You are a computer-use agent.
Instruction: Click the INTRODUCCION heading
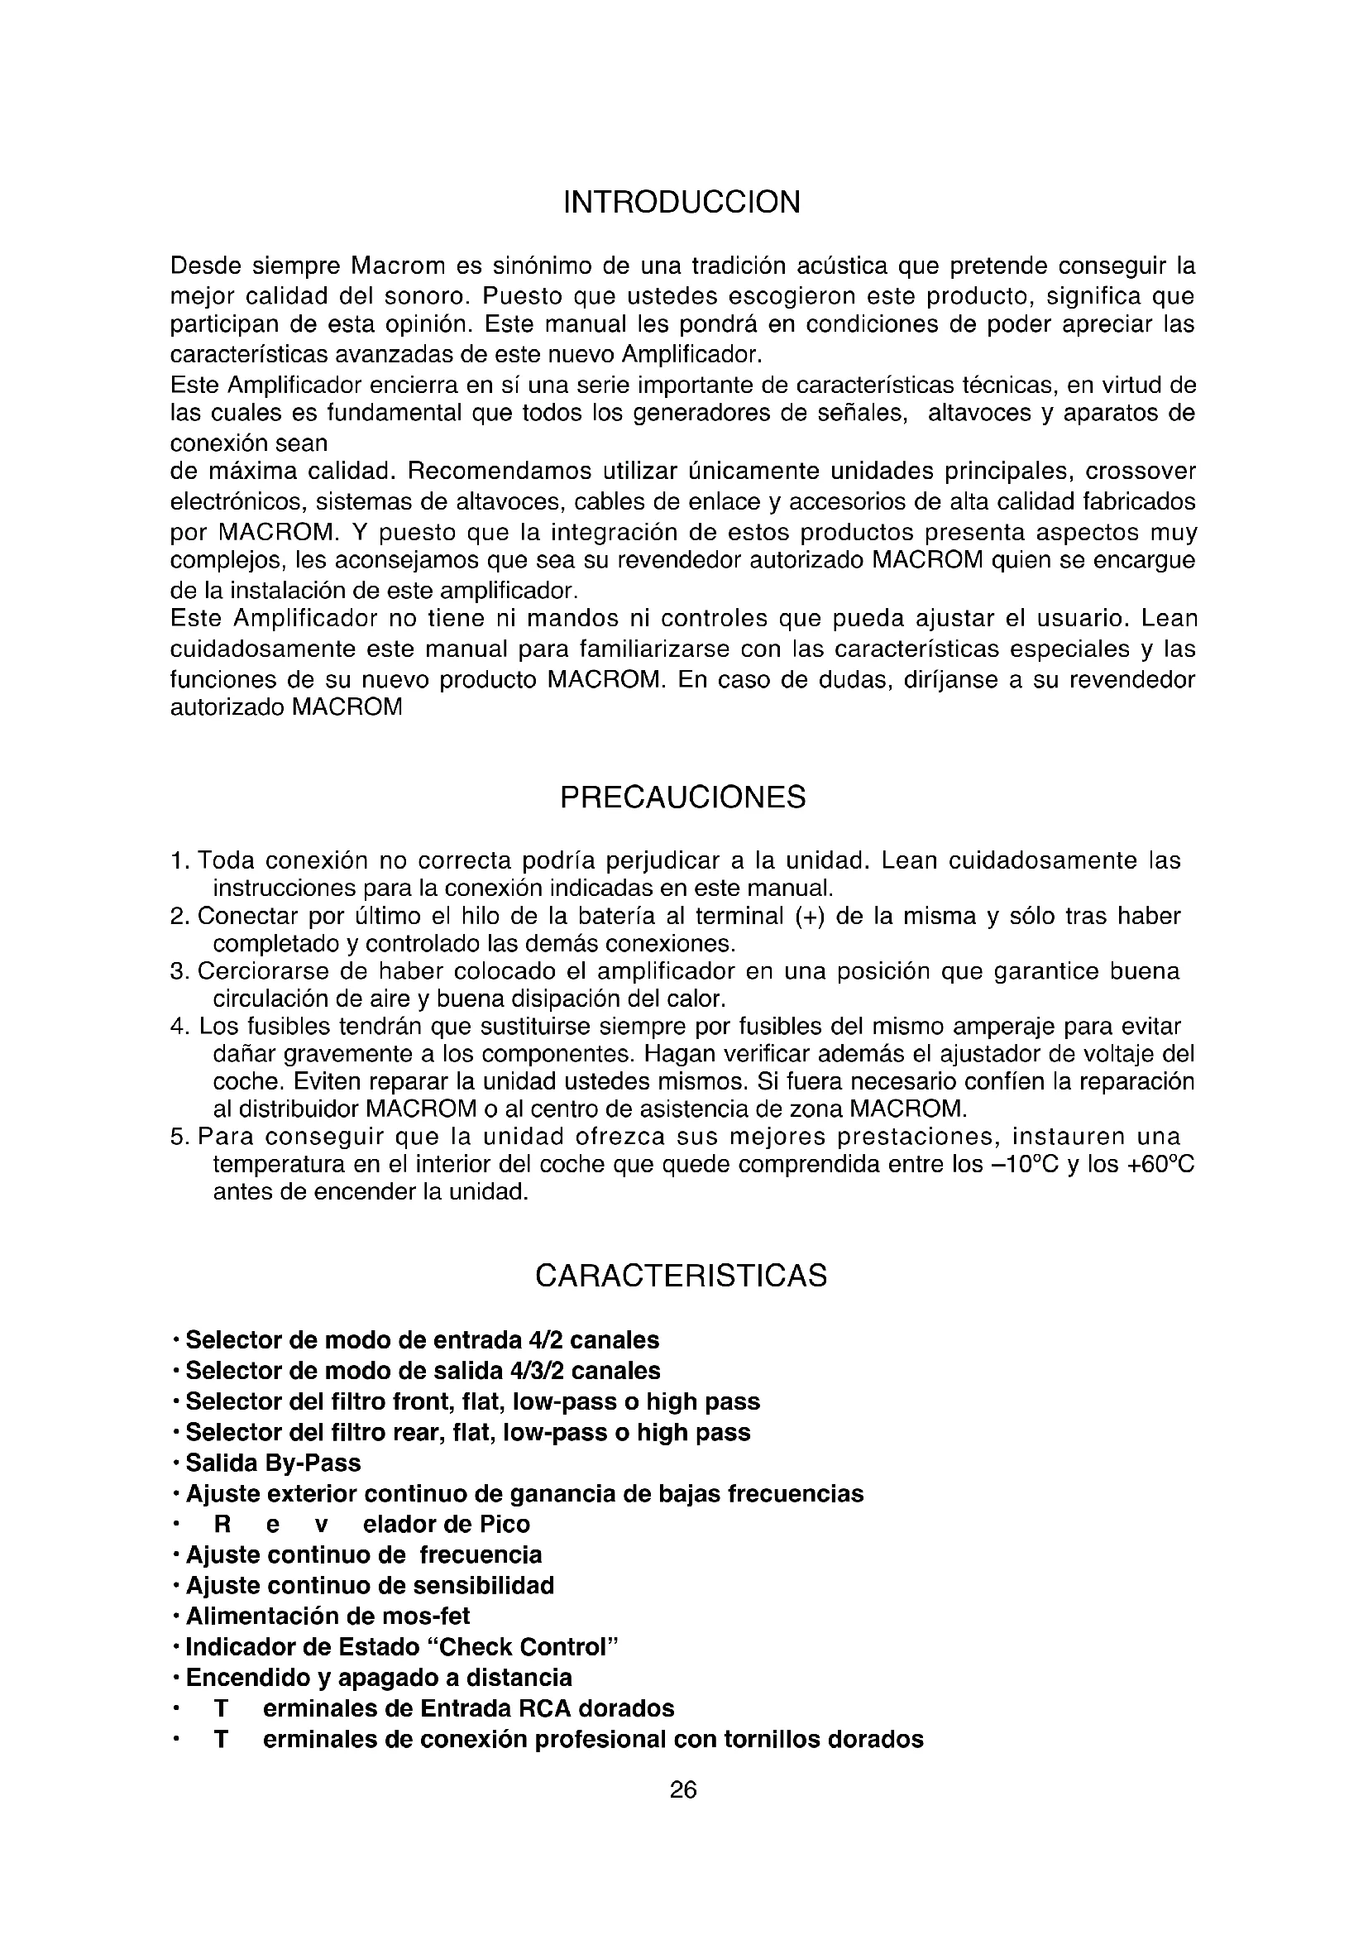[682, 204]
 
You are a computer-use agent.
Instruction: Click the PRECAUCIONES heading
[682, 797]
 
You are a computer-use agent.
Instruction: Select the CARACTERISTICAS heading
[682, 1276]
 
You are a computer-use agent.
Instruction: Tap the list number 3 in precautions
[177, 972]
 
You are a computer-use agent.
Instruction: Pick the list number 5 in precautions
[177, 1138]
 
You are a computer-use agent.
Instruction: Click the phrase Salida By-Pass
[273, 1463]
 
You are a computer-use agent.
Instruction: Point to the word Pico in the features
[505, 1525]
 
